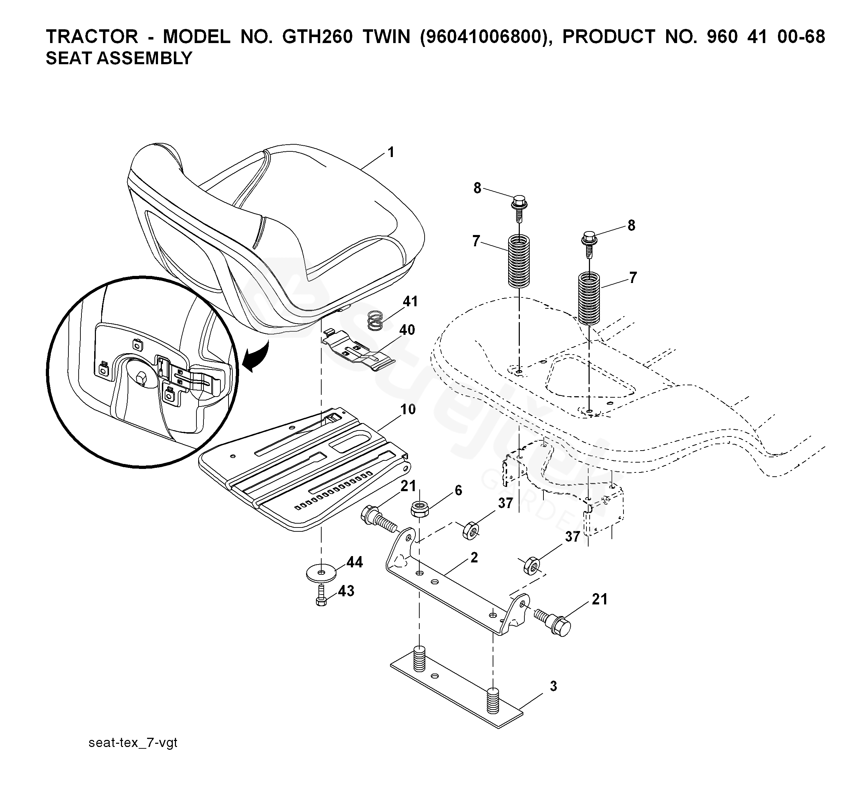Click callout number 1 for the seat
coord(391,152)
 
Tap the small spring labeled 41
coord(375,321)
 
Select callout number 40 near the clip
coord(407,330)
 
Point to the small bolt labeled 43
coord(321,595)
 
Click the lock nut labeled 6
coord(419,508)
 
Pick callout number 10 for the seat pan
coord(408,409)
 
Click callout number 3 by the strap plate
coord(553,686)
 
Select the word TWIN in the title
coord(387,37)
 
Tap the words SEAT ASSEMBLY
coord(119,58)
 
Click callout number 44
coord(354,562)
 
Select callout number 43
coord(346,591)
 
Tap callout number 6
coord(458,490)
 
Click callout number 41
coord(410,301)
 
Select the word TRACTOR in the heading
coord(92,37)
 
